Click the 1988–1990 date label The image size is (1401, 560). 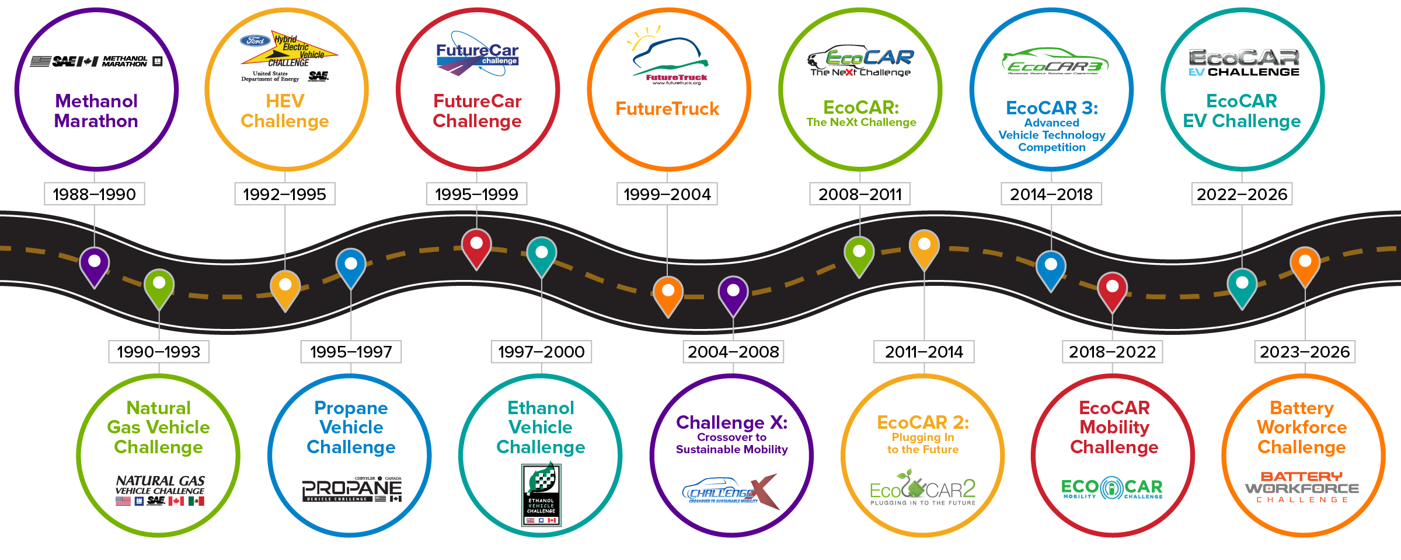(94, 194)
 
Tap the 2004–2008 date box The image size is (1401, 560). (733, 352)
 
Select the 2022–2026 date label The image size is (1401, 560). (1242, 194)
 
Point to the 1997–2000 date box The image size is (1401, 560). (541, 352)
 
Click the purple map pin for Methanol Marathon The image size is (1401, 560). (94, 264)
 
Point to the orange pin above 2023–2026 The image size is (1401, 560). (1305, 264)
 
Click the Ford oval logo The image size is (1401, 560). (255, 41)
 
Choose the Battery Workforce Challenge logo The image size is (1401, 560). (1302, 488)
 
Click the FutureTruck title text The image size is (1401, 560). (667, 109)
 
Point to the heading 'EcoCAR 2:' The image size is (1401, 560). (923, 422)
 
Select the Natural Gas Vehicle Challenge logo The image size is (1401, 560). (160, 490)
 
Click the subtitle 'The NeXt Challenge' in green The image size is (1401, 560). (861, 123)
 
